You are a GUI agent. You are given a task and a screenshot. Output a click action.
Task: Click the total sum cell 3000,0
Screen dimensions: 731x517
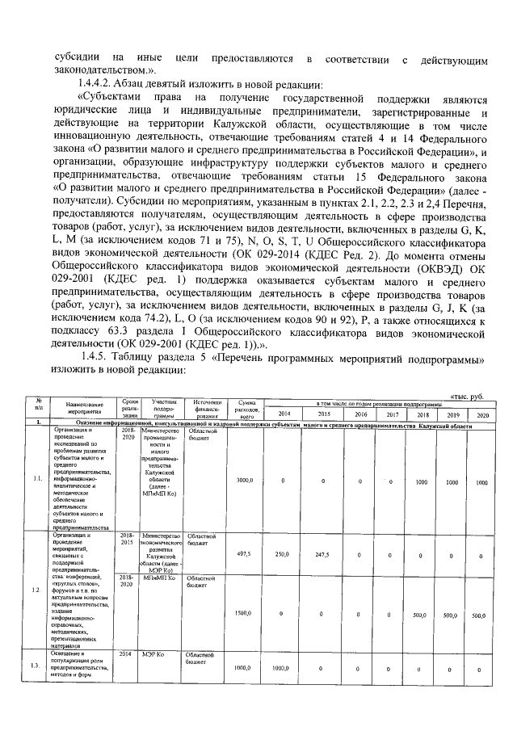[244, 481]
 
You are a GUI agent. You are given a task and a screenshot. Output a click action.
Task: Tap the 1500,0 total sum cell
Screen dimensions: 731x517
[244, 614]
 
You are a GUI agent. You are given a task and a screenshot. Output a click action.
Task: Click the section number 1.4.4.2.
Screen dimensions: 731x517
[100, 85]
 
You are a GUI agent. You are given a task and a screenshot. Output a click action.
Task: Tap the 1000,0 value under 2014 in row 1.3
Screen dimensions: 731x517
[282, 669]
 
